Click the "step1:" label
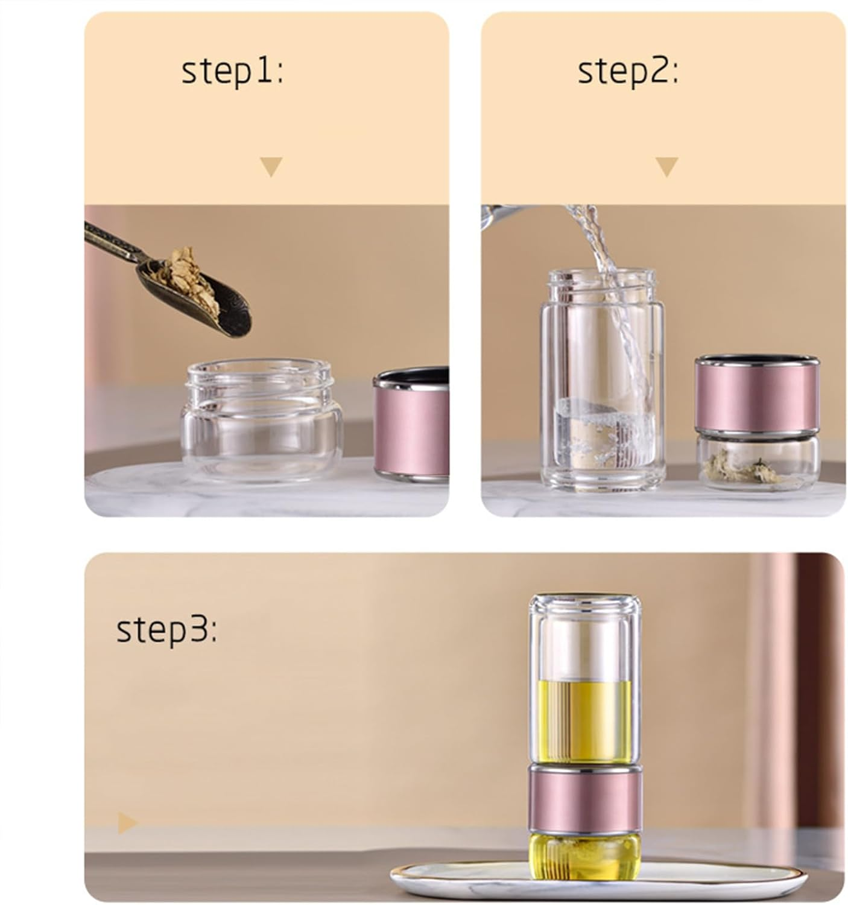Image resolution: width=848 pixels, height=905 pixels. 232,72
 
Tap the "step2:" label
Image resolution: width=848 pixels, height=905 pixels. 628,72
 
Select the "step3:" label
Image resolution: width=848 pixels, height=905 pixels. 166,630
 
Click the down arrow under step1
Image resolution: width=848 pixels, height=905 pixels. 271,167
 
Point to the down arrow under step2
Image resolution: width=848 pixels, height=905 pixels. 666,167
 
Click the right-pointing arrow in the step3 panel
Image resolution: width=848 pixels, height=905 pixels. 127,823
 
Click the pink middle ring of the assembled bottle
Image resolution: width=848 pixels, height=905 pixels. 585,799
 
